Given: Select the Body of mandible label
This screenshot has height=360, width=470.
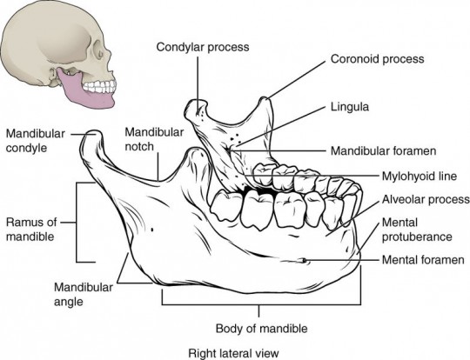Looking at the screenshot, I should point(258,329).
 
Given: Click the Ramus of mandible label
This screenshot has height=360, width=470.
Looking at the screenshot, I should point(32,228).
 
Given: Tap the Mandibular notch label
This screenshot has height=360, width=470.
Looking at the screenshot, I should point(153,138).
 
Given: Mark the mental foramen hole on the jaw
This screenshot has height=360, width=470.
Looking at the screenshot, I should point(302,259).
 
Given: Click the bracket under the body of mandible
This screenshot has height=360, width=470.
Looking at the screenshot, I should point(258,304).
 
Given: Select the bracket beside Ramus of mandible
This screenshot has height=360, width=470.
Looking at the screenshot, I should point(80,222).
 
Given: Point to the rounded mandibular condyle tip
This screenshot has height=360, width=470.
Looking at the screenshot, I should point(86,135).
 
